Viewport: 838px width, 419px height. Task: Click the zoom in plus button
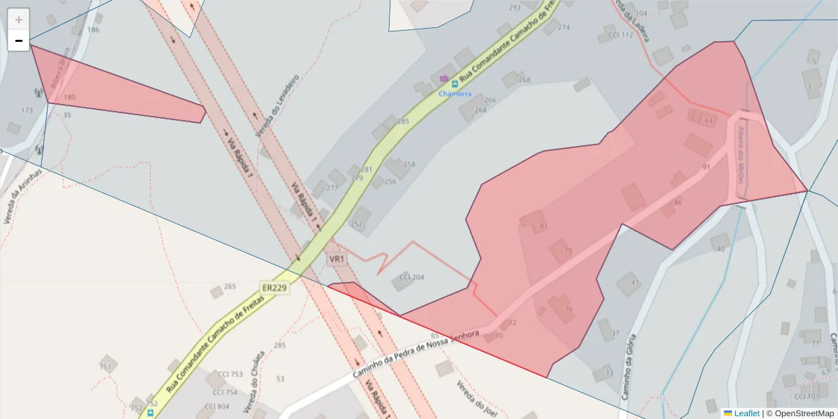(x=19, y=19)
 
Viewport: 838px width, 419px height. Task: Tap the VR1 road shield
(x=337, y=259)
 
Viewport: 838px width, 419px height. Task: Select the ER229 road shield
(x=274, y=287)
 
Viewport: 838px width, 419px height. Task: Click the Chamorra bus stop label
(x=455, y=94)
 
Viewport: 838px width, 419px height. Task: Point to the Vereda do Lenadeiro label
(x=277, y=105)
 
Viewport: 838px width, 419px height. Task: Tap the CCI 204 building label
(x=411, y=277)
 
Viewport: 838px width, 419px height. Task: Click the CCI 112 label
(x=620, y=35)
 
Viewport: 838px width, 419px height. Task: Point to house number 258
(x=409, y=165)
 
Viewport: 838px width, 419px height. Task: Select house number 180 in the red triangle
(x=69, y=97)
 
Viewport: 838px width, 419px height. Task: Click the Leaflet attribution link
(x=746, y=413)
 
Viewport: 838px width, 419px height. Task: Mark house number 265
(x=230, y=286)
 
